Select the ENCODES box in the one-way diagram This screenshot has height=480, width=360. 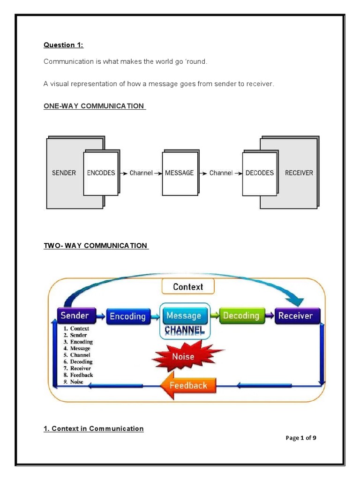point(101,173)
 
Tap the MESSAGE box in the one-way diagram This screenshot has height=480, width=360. point(179,173)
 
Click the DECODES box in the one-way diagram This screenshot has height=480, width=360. point(259,173)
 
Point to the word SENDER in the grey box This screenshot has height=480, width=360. point(64,173)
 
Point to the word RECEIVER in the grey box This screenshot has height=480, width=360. point(299,173)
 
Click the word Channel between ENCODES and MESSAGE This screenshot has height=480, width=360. point(141,173)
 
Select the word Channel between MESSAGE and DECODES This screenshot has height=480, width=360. point(221,173)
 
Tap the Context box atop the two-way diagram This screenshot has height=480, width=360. point(188,286)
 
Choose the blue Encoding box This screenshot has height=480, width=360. point(127,316)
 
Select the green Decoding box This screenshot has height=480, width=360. point(241,315)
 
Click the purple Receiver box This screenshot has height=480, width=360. point(295,315)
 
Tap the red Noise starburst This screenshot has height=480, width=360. point(183,357)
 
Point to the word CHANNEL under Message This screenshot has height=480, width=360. point(185,330)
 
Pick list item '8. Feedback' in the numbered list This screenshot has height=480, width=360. point(78,375)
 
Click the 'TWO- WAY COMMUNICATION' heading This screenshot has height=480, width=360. point(96,246)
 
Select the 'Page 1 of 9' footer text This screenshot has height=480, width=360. point(301,438)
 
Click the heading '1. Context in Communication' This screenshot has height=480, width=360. point(94,428)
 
